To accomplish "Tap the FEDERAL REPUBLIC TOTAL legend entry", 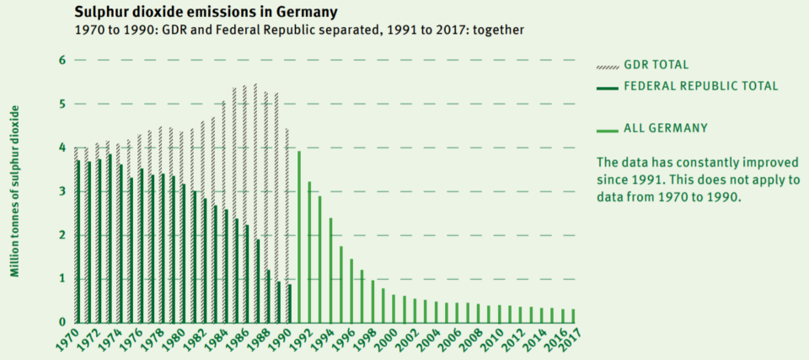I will tap(699, 86).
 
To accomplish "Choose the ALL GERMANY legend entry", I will tap(666, 129).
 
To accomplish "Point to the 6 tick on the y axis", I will tap(62, 60).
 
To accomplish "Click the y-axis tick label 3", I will tap(62, 191).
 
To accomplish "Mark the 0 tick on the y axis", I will tap(62, 322).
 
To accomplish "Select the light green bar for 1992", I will tap(309, 252).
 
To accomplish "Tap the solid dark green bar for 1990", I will tap(289, 304).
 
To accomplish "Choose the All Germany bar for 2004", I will tap(436, 312).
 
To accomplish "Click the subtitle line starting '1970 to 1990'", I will tap(299, 30).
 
